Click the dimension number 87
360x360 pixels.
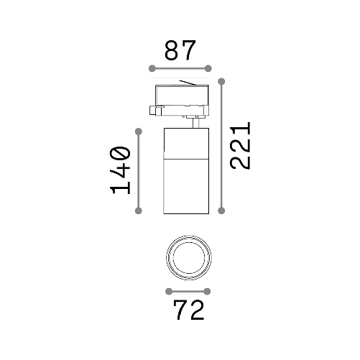[x=180, y=51]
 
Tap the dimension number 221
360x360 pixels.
[x=240, y=145]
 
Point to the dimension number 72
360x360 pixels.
[x=188, y=310]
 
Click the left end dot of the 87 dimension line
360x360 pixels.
[x=152, y=68]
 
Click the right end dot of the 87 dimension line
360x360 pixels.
[x=208, y=68]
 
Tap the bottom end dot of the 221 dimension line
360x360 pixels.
[x=221, y=211]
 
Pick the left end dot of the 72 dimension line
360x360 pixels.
[x=168, y=291]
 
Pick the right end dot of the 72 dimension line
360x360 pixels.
[x=208, y=291]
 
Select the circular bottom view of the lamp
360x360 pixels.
[x=188, y=257]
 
